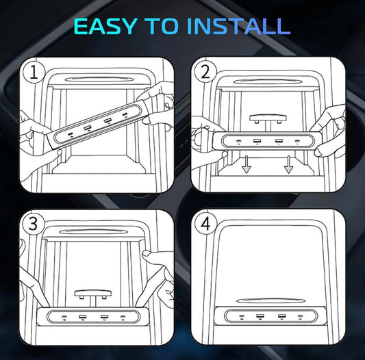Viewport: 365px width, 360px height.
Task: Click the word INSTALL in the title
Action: pyautogui.click(x=238, y=26)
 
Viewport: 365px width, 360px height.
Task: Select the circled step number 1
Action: pyautogui.click(x=34, y=73)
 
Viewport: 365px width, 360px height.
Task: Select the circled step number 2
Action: pyautogui.click(x=205, y=72)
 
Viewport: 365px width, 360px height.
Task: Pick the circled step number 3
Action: pyautogui.click(x=33, y=224)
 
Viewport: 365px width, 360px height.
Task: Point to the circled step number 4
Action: pyautogui.click(x=205, y=224)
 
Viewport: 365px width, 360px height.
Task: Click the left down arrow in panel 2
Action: pyautogui.click(x=246, y=164)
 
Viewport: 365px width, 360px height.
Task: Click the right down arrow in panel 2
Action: pyautogui.click(x=288, y=164)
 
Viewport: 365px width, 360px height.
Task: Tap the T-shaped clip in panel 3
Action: pyautogui.click(x=93, y=297)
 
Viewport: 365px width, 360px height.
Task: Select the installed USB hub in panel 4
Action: pyautogui.click(x=270, y=316)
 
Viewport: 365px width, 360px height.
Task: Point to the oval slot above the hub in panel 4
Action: pyautogui.click(x=270, y=300)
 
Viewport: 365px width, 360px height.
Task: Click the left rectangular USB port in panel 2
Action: pyautogui.click(x=257, y=141)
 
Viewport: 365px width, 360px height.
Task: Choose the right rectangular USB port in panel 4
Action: pyautogui.click(x=281, y=316)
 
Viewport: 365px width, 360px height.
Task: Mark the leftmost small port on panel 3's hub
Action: pyautogui.click(x=64, y=317)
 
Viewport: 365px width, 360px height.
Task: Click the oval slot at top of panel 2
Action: pyautogui.click(x=268, y=81)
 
